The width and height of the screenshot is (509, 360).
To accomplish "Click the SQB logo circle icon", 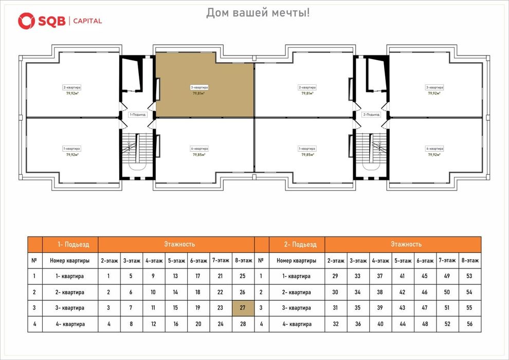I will [26, 21].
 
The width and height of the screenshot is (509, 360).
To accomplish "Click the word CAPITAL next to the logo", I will [87, 21].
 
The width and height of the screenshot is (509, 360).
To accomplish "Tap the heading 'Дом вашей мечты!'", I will [258, 12].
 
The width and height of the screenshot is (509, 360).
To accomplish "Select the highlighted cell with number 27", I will [243, 308].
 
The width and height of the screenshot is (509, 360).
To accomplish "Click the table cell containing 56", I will [469, 324].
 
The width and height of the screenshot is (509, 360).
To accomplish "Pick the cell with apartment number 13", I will [175, 276].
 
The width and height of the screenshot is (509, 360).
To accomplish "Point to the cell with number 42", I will [403, 292].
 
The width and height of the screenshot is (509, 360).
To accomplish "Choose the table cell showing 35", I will [358, 308].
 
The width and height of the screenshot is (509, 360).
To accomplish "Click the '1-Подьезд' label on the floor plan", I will [138, 115].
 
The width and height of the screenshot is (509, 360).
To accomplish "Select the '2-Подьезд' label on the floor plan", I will [371, 115].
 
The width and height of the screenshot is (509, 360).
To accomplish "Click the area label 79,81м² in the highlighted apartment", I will [199, 94].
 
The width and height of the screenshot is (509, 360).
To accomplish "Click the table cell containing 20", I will [197, 324].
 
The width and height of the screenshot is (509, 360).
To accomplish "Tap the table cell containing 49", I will [447, 276].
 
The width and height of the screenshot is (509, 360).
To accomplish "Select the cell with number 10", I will [153, 292].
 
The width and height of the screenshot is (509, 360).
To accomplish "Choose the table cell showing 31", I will [336, 308].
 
